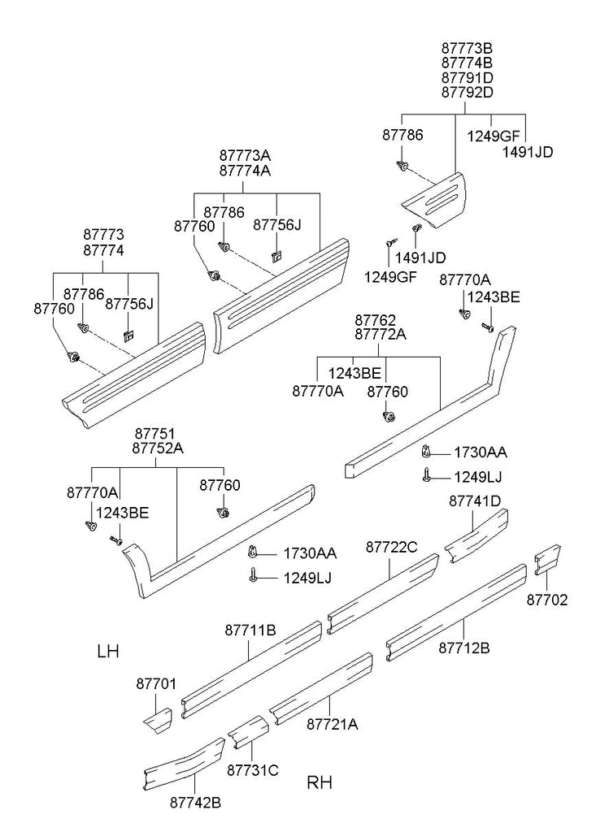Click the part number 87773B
[468, 48]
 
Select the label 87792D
[468, 93]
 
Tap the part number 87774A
[246, 171]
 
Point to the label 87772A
[381, 334]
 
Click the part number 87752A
[158, 448]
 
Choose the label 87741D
[475, 500]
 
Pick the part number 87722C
[392, 547]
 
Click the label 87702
[547, 600]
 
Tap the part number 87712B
[464, 648]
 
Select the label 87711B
[250, 630]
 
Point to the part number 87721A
[333, 724]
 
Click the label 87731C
[253, 770]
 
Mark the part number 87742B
[195, 803]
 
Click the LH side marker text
[108, 652]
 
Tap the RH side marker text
[320, 782]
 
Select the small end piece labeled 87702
[547, 559]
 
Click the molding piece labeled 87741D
[476, 536]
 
